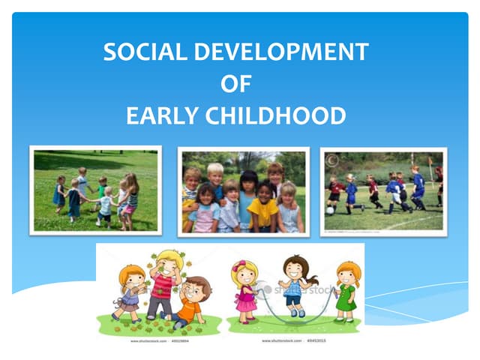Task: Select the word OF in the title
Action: point(235,84)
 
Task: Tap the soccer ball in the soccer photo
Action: point(329,211)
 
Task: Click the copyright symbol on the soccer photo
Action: point(331,160)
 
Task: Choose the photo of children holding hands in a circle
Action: point(95,190)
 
